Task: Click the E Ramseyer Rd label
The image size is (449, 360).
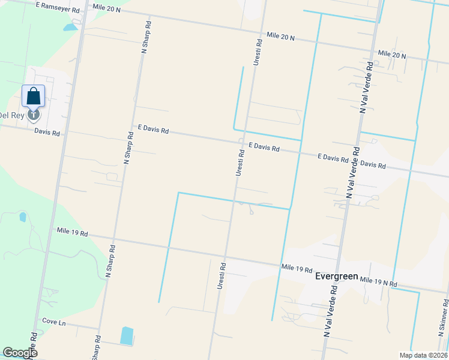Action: click(58, 7)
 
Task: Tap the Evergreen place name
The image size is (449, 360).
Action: click(337, 277)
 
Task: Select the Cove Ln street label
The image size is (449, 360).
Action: click(53, 323)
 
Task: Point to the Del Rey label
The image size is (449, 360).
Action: click(11, 115)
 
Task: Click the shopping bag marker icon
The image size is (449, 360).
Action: click(34, 97)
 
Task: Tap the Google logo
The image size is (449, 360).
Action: click(20, 353)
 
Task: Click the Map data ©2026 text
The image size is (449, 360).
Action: click(423, 355)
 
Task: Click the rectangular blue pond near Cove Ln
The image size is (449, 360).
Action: click(127, 335)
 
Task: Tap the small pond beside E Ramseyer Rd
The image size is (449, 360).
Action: click(70, 26)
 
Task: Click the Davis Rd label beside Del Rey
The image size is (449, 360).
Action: click(47, 132)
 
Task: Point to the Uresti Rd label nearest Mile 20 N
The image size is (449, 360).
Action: click(258, 52)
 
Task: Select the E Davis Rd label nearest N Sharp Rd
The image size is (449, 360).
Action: click(153, 129)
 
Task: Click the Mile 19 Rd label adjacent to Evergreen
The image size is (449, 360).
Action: click(297, 269)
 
